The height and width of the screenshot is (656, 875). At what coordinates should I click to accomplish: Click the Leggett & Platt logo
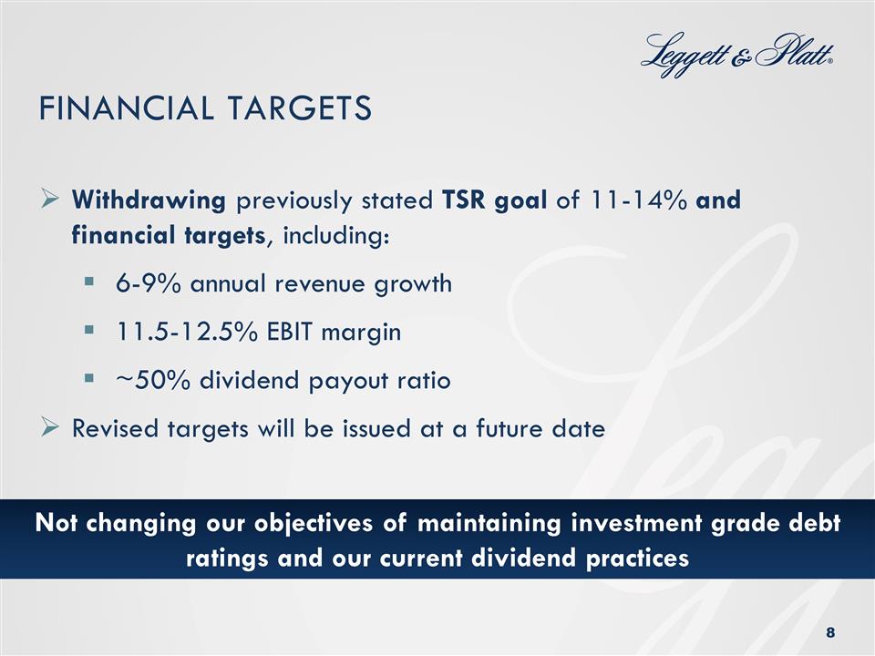click(738, 56)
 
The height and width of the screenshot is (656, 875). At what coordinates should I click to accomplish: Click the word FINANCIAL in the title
click(118, 108)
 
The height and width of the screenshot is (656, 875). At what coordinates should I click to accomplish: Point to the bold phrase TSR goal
click(494, 201)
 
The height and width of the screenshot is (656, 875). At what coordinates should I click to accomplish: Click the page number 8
click(829, 632)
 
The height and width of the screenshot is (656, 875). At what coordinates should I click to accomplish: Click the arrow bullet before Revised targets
click(51, 428)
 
